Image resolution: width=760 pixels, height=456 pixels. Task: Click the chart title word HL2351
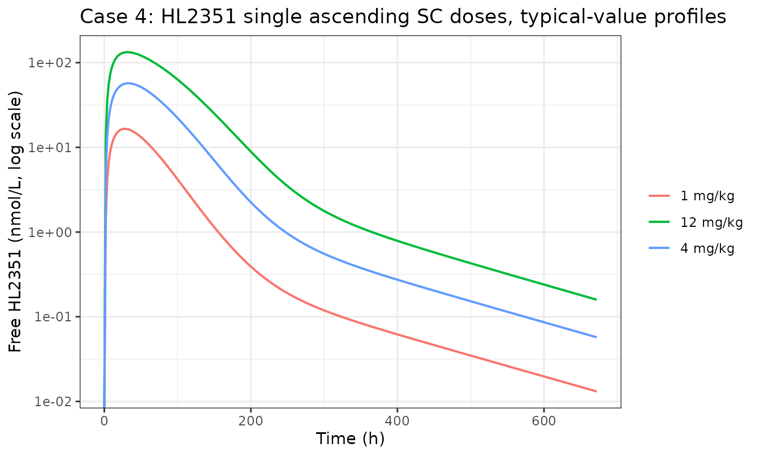198,16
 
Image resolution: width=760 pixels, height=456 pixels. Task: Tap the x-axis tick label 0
104,421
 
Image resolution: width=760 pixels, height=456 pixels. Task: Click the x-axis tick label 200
251,421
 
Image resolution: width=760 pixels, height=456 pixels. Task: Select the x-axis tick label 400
398,421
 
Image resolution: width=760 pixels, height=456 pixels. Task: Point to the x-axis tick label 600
544,421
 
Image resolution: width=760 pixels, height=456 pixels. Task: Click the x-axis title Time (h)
351,438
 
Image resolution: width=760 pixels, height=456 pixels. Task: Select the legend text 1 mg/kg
707,196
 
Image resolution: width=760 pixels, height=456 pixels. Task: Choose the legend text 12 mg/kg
712,222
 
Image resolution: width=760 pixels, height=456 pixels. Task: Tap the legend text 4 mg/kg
707,249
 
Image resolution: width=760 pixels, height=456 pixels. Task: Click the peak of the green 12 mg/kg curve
127,52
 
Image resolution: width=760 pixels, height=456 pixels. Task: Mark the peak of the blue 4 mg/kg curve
128,83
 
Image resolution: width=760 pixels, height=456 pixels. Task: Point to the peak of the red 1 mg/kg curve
124,128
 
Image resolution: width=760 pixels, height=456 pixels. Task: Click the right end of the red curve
596,392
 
